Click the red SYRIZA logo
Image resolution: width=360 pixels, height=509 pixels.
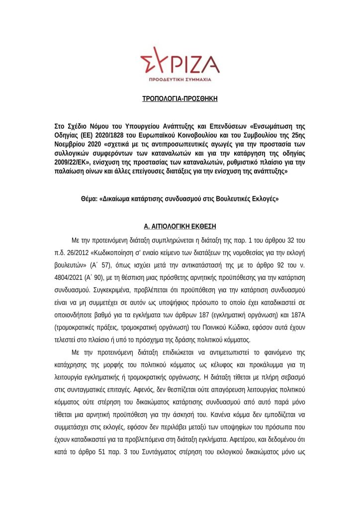(180, 62)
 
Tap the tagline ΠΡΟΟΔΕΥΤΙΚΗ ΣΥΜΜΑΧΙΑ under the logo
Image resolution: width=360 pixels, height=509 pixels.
(180, 80)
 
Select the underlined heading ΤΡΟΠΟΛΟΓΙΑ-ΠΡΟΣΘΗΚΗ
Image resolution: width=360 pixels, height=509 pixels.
(180, 99)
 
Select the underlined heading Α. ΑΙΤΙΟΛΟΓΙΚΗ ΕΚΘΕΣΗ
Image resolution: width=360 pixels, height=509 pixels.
(180, 226)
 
